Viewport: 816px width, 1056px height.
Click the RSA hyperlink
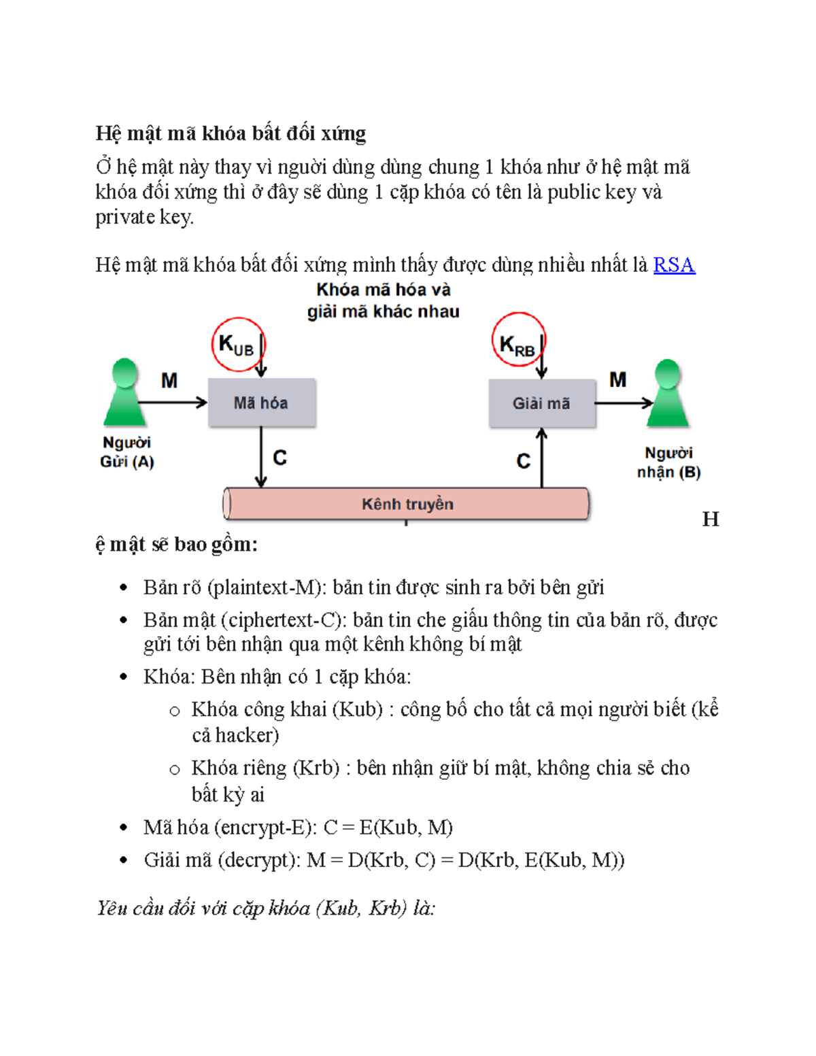tap(673, 265)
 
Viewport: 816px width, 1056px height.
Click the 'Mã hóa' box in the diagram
tap(261, 403)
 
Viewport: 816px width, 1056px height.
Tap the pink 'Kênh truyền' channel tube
tap(407, 504)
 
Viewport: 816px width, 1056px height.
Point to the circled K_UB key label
tap(237, 345)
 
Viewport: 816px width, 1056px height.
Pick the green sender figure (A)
tap(124, 392)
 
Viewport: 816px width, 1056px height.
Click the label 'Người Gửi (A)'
tap(127, 452)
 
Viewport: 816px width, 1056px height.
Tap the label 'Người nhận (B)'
tap(668, 462)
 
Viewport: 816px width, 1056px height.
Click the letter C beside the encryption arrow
tap(279, 458)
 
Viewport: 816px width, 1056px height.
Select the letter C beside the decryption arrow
tap(523, 461)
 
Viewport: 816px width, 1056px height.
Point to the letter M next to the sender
tap(169, 381)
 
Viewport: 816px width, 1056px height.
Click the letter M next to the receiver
tap(617, 379)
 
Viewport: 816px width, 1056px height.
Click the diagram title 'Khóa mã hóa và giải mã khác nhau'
tap(383, 301)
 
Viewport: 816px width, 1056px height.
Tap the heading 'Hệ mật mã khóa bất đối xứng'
tap(231, 133)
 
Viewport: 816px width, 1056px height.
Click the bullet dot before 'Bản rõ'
tap(123, 587)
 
